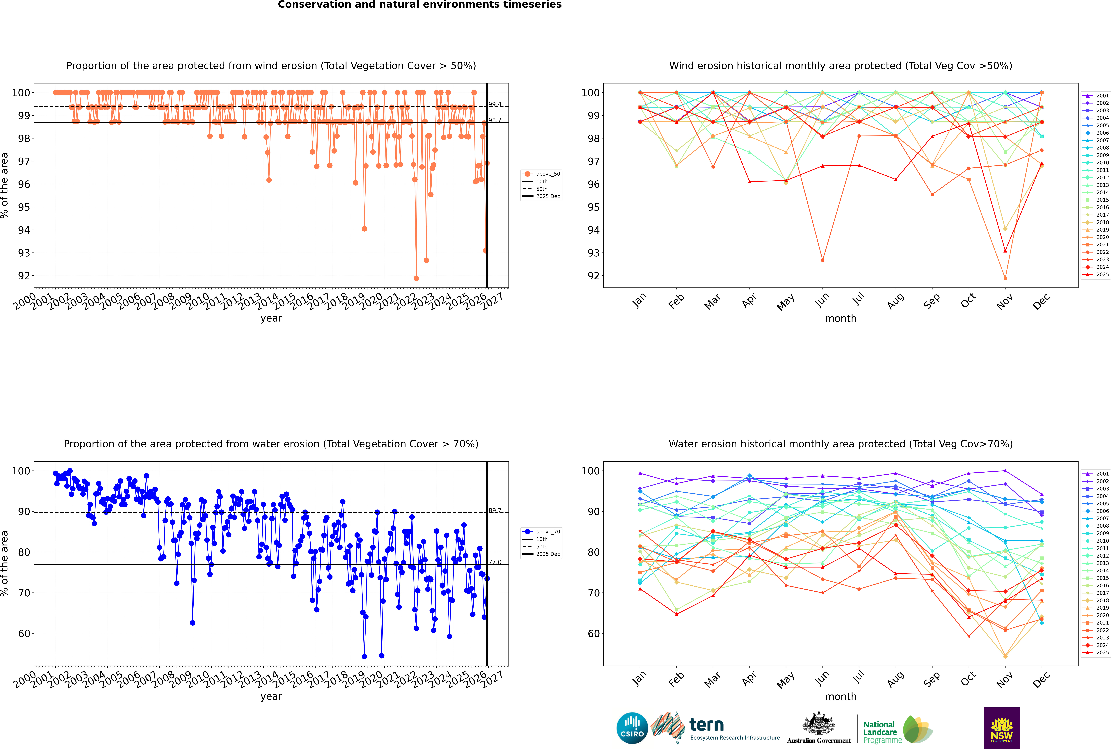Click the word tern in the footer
(706, 725)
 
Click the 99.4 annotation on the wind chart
(495, 104)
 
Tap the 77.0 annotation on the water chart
(495, 562)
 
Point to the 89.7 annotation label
(495, 511)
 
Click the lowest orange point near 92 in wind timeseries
(416, 278)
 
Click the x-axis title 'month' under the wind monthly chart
(841, 319)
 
